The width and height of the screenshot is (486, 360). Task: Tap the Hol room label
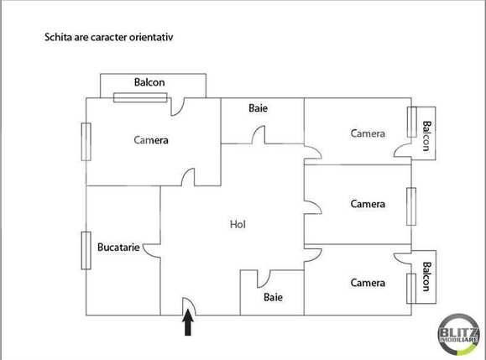(x=238, y=224)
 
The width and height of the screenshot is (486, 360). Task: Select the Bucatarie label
(x=118, y=248)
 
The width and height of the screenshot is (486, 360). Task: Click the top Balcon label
(x=149, y=82)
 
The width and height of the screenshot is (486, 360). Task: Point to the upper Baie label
(x=258, y=108)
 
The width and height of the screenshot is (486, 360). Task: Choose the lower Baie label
(x=273, y=297)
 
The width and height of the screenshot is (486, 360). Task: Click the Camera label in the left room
(x=151, y=140)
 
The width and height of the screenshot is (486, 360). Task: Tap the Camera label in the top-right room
(x=368, y=133)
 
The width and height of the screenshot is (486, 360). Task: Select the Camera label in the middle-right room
(x=368, y=204)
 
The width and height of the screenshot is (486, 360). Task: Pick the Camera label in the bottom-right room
(x=368, y=283)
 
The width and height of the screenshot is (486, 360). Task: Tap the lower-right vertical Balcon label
(x=426, y=277)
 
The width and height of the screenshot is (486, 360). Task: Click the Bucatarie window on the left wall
(x=85, y=249)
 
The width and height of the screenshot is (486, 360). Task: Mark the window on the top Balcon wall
(x=140, y=97)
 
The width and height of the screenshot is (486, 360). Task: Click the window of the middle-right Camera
(x=410, y=204)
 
